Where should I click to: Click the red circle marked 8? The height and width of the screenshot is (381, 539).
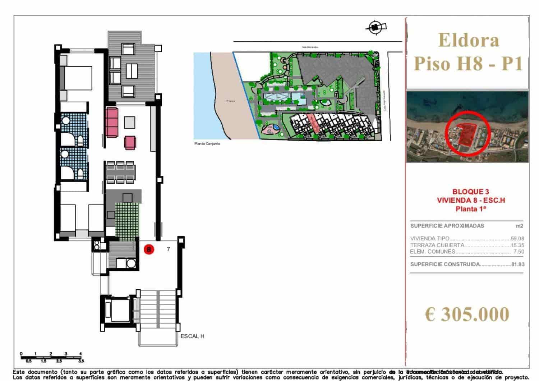coord(149,249)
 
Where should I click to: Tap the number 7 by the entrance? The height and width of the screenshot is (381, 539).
coord(168,249)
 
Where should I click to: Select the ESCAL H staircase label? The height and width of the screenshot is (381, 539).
coord(192,336)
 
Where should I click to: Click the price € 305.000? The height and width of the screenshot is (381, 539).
coord(467,314)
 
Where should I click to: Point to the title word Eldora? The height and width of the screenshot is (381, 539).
coord(469,40)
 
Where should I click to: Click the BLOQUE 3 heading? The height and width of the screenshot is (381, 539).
coord(471,192)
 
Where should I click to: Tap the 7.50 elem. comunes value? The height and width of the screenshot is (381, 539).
coord(519,252)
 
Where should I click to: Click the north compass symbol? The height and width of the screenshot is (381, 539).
coord(376,27)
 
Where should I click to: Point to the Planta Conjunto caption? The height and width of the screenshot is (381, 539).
coord(207,144)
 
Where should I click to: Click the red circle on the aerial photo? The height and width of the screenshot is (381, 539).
coord(466,133)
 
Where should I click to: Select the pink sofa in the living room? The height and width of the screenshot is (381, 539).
coord(112,123)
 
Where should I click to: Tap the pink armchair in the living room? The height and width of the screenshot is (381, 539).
coord(130,142)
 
